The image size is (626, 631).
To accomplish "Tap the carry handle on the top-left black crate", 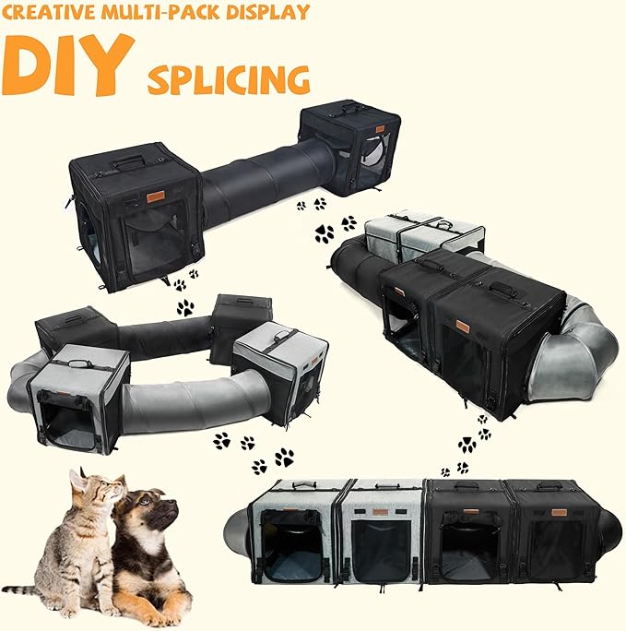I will tap(128, 162).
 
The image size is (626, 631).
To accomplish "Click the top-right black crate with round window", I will tap(350, 148).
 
